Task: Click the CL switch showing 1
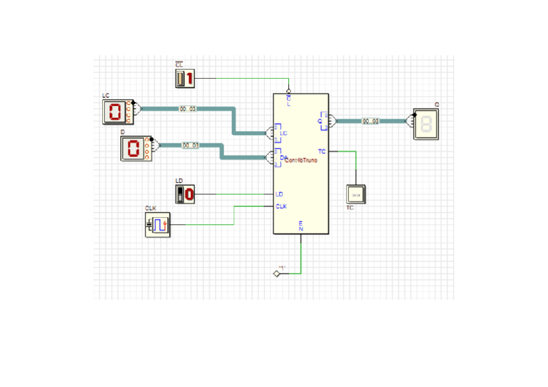pyautogui.click(x=185, y=79)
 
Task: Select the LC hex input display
pyautogui.click(x=116, y=112)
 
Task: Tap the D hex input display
pyautogui.click(x=134, y=149)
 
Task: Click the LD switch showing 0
pyautogui.click(x=185, y=193)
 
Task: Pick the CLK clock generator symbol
pyautogui.click(x=158, y=225)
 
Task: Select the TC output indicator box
pyautogui.click(x=355, y=194)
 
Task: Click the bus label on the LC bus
pyautogui.click(x=188, y=109)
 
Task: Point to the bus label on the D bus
pyautogui.click(x=190, y=145)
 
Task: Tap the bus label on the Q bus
pyautogui.click(x=370, y=121)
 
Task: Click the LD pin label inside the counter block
pyautogui.click(x=279, y=194)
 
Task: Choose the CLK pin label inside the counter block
pyautogui.click(x=281, y=206)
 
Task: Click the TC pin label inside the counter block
pyautogui.click(x=322, y=151)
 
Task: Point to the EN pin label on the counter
pyautogui.click(x=300, y=225)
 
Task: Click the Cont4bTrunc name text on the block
pyautogui.click(x=301, y=160)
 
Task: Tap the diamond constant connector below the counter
pyautogui.click(x=277, y=274)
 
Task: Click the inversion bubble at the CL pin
pyautogui.click(x=288, y=91)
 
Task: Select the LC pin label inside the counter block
pyautogui.click(x=283, y=132)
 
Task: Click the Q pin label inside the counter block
pyautogui.click(x=319, y=121)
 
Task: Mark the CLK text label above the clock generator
pyautogui.click(x=151, y=208)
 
